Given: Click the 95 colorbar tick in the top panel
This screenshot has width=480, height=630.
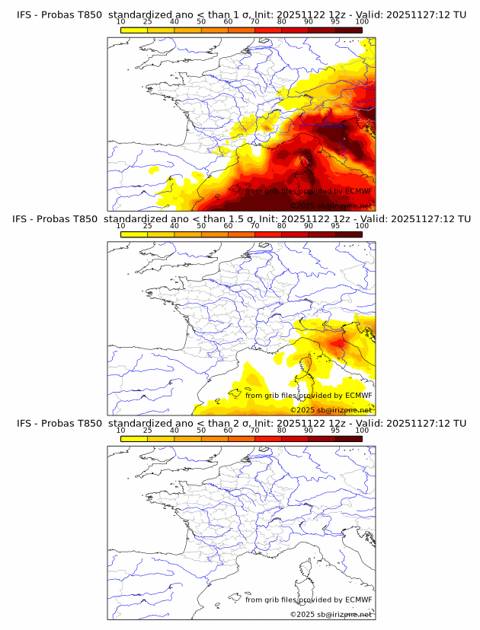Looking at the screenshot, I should click(335, 21).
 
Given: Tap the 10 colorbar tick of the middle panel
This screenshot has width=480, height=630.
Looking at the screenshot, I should click(121, 226).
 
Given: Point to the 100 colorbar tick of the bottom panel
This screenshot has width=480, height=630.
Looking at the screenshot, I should click(362, 430).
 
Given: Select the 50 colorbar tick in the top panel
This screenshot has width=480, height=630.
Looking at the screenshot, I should click(201, 21).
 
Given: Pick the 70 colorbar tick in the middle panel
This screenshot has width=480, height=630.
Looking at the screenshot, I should click(254, 226).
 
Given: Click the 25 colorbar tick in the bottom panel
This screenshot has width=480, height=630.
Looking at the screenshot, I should click(148, 430).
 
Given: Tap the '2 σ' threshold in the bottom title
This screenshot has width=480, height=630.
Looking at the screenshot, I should click(232, 423).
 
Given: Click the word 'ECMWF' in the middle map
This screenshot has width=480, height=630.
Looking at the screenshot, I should click(358, 395).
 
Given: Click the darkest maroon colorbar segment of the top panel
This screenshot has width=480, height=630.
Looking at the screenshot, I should click(349, 29).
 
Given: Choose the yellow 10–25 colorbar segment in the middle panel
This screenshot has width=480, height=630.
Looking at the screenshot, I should click(134, 234).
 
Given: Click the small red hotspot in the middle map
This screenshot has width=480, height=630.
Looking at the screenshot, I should click(336, 344).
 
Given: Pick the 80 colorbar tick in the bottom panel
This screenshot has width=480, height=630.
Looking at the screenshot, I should click(282, 430).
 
